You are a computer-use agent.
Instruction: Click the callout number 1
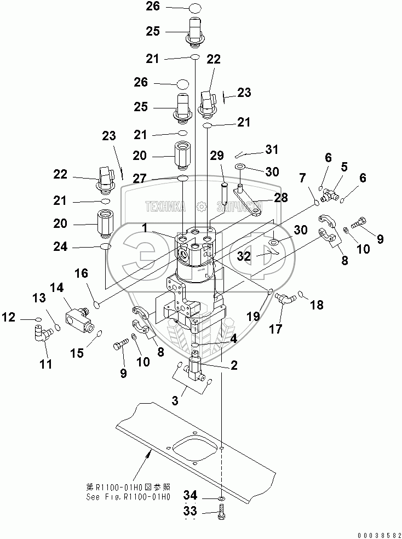(145, 228)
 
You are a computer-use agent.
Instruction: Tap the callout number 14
(57, 288)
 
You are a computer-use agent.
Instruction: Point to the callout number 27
(140, 179)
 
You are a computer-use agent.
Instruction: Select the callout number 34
(191, 495)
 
